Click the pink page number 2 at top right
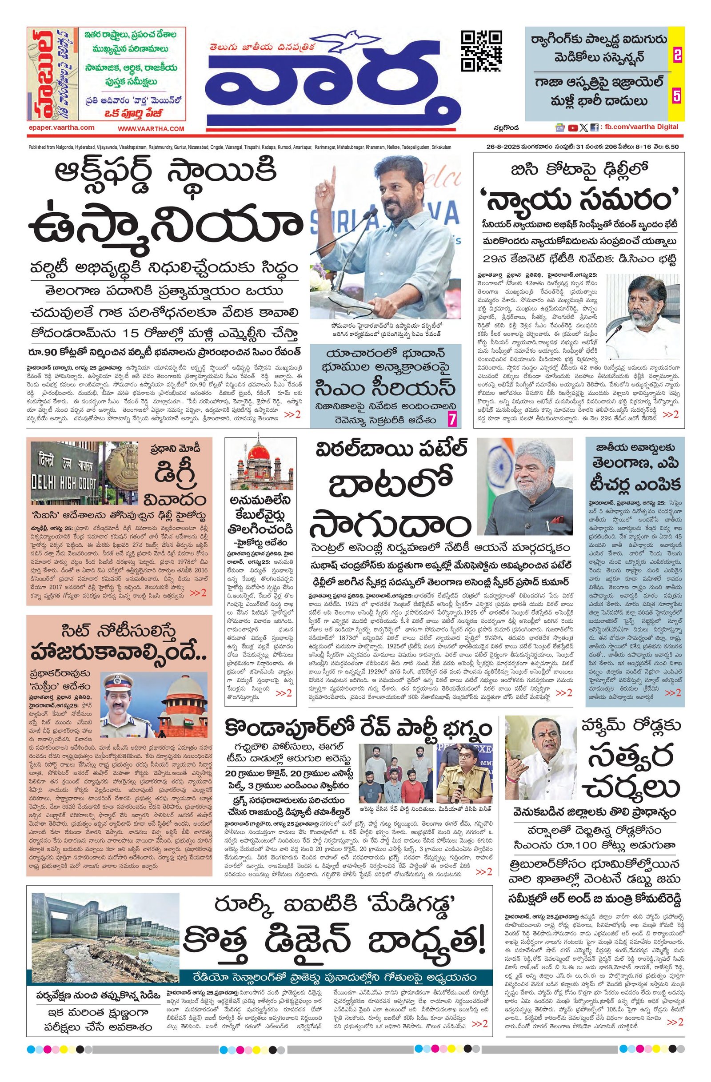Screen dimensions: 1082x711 pyautogui.click(x=677, y=56)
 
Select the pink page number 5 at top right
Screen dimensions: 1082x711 pyautogui.click(x=677, y=96)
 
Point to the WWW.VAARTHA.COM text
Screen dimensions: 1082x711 pyautogui.click(x=151, y=129)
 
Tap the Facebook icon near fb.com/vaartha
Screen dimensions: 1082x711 pyautogui.click(x=594, y=128)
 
